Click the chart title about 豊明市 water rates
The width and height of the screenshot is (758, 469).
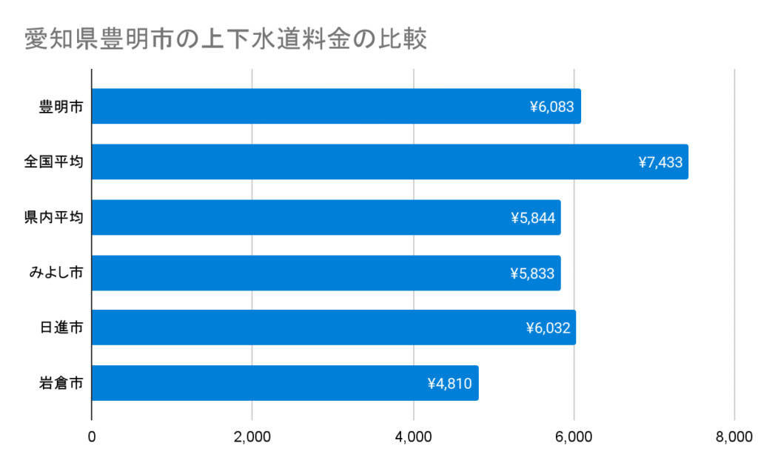point(226,39)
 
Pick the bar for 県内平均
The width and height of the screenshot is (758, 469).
point(296,217)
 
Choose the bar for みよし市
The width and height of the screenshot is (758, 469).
point(296,273)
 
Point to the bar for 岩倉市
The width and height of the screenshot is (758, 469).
point(259,383)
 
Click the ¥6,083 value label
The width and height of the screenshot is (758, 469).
point(551,107)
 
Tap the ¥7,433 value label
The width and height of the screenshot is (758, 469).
point(660,162)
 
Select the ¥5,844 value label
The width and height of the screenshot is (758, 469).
point(531,217)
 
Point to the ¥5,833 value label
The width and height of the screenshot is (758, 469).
point(531,273)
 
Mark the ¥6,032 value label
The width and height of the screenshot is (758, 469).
point(548,327)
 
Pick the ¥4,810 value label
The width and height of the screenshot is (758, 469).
point(449,383)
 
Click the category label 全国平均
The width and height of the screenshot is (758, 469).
point(53,162)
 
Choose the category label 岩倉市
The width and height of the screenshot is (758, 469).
point(61,383)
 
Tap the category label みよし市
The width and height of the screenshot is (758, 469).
point(56,273)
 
